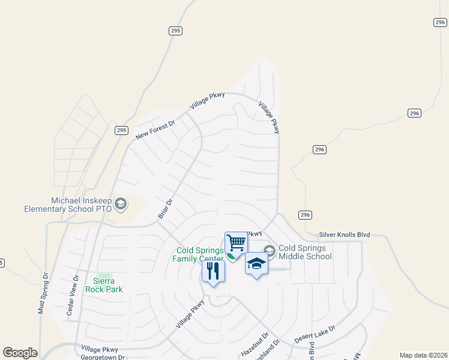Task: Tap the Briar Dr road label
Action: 164,208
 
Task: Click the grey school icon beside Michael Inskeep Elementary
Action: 121,204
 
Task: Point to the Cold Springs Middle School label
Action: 305,252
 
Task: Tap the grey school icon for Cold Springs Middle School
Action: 270,251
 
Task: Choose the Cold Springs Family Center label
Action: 199,254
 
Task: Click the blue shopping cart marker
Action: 237,243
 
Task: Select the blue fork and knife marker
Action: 213,271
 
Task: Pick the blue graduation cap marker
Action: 256,263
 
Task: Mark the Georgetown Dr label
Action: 103,356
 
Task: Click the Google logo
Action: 20,353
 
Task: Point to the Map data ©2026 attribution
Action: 423,355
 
